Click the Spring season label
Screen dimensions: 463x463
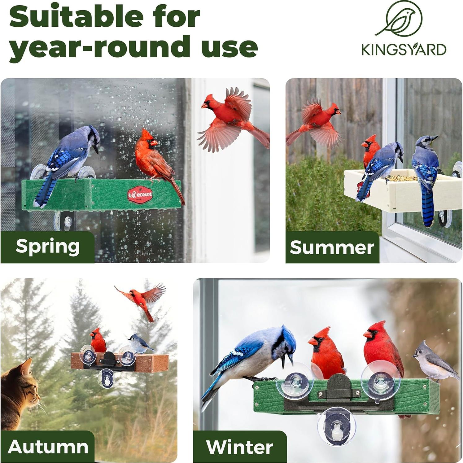tap(47, 247)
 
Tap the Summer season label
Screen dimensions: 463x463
tap(332, 247)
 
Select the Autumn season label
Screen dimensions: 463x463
tap(48, 447)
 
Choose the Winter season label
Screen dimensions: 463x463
tap(239, 447)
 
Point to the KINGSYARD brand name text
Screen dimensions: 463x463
tap(404, 50)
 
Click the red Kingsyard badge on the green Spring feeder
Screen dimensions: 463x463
tap(140, 194)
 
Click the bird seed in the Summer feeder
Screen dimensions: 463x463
tap(400, 178)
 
